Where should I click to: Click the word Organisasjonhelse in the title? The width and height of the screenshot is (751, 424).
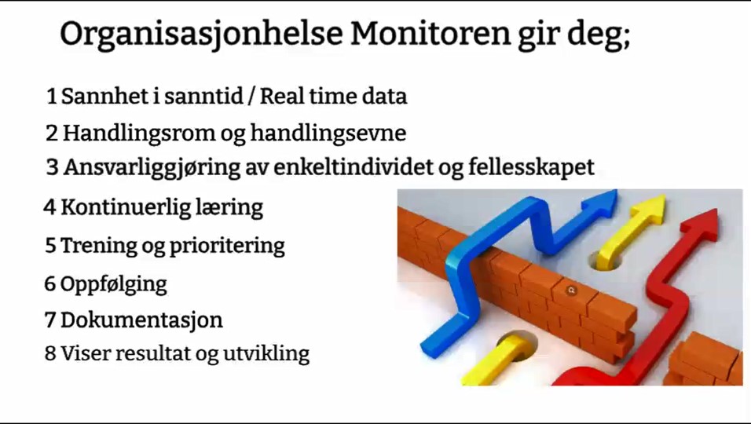(x=202, y=35)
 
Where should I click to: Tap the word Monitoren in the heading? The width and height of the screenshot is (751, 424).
(x=430, y=34)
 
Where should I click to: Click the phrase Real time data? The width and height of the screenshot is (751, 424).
(x=333, y=97)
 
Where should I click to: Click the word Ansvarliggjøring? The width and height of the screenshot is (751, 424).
(x=152, y=167)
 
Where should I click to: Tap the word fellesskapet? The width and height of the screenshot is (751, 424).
(x=531, y=167)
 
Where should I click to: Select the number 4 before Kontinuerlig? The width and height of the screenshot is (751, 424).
(x=49, y=207)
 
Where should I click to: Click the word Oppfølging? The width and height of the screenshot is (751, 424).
(x=113, y=284)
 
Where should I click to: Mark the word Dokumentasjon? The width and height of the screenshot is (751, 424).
(x=141, y=320)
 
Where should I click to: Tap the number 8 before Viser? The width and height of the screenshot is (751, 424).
(x=50, y=353)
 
